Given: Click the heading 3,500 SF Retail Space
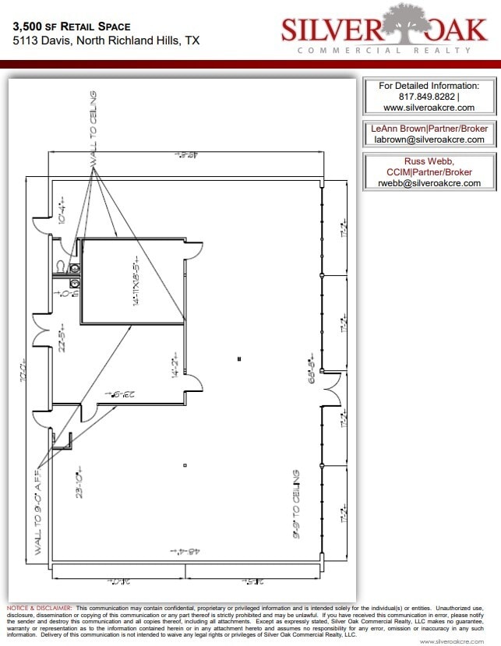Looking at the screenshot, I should pyautogui.click(x=72, y=26).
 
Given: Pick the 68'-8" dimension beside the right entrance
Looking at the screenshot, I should pyautogui.click(x=311, y=372).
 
